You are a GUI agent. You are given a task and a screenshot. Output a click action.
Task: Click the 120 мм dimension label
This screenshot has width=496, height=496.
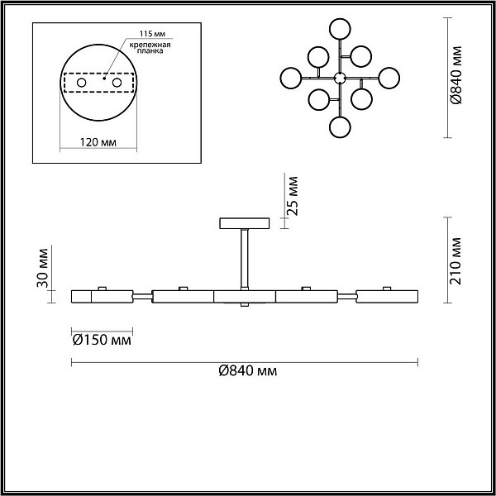tap(98, 142)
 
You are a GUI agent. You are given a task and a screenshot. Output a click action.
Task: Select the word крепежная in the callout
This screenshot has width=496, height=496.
tap(150, 45)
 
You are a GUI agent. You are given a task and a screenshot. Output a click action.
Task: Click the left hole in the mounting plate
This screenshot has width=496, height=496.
tap(82, 83)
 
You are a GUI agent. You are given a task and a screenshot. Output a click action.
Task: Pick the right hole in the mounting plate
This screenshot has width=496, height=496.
tap(117, 83)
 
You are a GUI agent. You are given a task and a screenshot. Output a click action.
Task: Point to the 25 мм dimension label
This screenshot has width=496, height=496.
tap(293, 196)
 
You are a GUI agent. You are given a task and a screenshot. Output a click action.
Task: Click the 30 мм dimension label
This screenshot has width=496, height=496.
tap(42, 268)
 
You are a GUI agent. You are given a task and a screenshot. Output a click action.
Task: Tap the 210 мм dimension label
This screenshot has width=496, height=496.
tap(455, 260)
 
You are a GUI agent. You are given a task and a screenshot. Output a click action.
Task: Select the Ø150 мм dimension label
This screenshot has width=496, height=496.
tap(102, 341)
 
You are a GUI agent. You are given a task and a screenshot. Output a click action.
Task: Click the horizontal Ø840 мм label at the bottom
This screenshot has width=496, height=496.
tap(248, 370)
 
